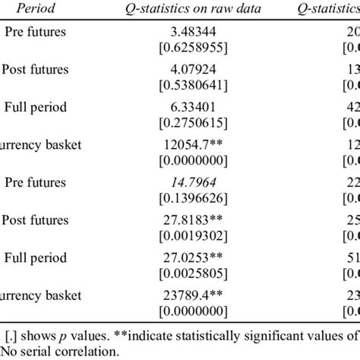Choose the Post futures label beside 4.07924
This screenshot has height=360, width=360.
[36, 70]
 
